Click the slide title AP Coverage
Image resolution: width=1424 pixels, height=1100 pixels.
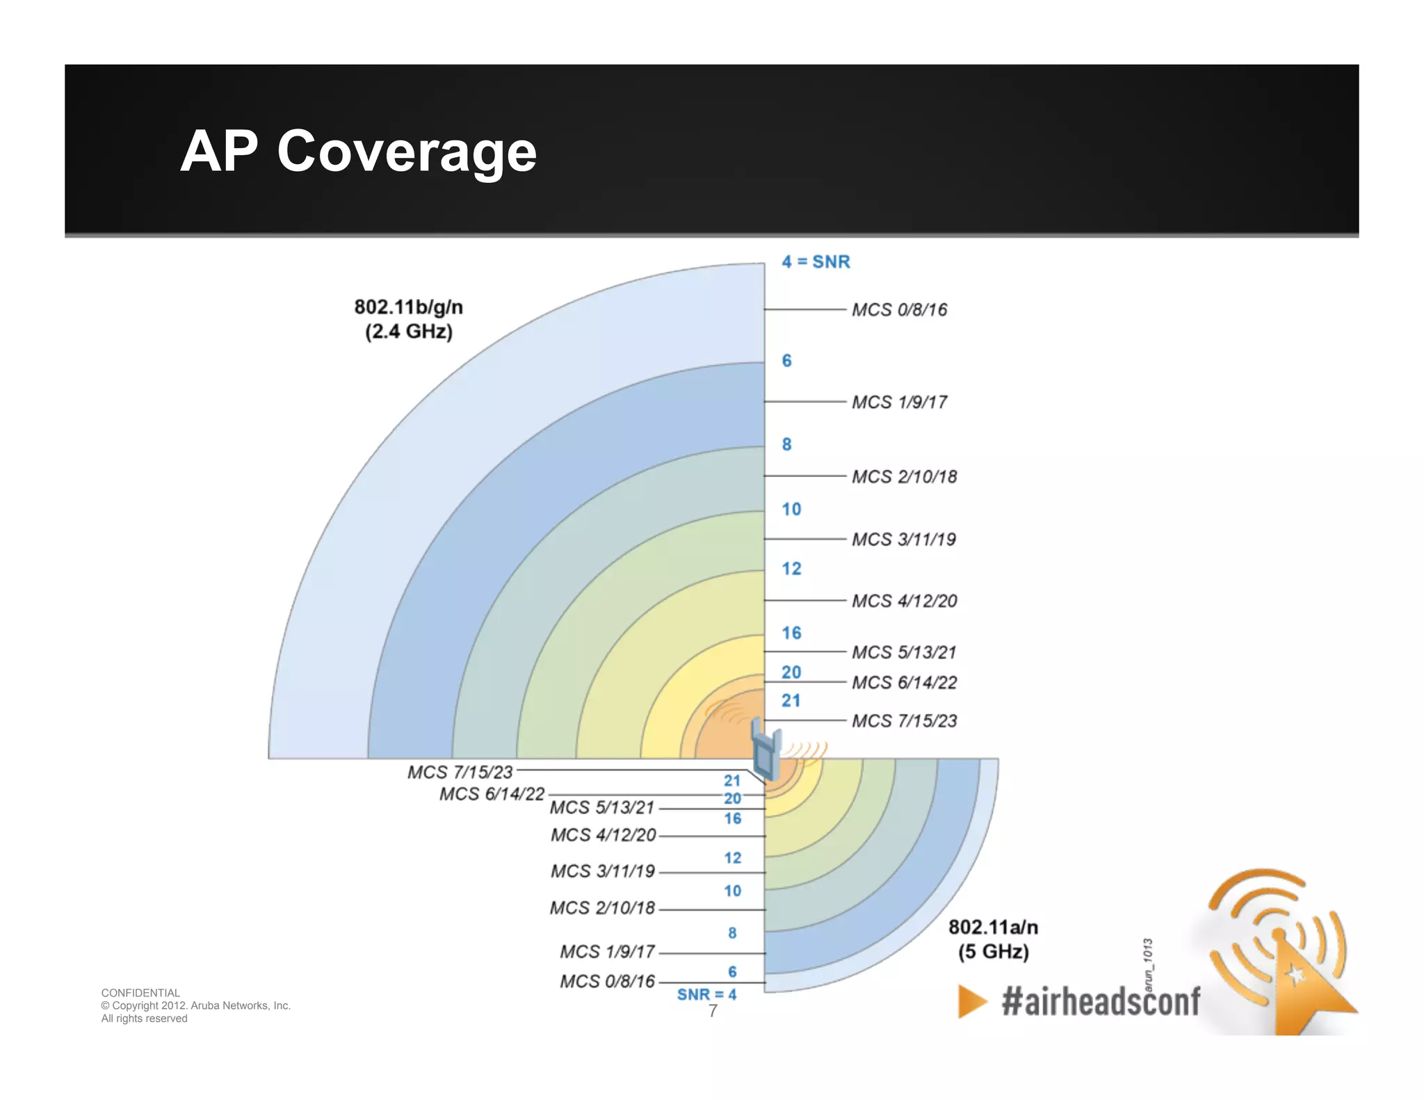[x=358, y=151]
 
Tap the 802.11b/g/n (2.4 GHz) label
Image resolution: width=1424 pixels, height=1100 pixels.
[x=408, y=319]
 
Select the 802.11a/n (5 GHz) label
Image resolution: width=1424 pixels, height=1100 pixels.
[x=993, y=939]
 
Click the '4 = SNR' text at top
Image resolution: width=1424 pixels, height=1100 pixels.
[x=816, y=262]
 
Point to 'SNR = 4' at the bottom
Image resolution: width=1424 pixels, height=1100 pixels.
[x=706, y=994]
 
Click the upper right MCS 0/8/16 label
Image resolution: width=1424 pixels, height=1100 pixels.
[x=899, y=310]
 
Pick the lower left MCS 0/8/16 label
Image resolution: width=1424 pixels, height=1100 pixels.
[x=607, y=981]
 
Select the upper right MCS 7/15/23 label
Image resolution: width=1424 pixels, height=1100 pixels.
[x=904, y=721]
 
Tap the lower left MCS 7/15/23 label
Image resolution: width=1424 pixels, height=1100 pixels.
[x=460, y=773]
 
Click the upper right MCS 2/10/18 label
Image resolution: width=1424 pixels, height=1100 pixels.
[x=904, y=477]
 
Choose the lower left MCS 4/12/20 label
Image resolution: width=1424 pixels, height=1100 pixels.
[x=603, y=835]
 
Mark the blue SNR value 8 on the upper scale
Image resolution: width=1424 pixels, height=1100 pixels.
[x=786, y=444]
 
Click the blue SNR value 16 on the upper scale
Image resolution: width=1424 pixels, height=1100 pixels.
[x=791, y=633]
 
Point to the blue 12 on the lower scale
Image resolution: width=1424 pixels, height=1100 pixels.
[x=732, y=858]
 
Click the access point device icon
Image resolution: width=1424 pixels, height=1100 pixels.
[x=766, y=751]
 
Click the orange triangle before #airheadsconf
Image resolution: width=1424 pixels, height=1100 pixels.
[x=972, y=1001]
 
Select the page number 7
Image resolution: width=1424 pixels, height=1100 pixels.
[x=713, y=1012]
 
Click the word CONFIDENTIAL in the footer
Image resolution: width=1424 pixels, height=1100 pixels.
[x=140, y=993]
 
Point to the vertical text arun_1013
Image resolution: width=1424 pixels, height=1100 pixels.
[x=1148, y=964]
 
